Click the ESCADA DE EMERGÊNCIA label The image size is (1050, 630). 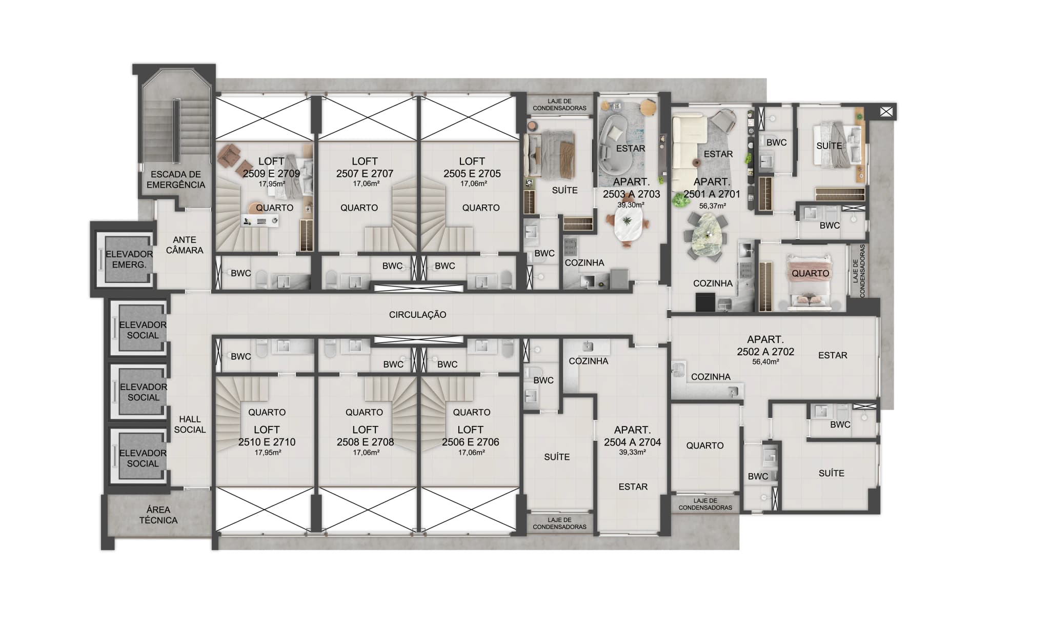click(x=175, y=179)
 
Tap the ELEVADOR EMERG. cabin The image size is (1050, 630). click(x=128, y=259)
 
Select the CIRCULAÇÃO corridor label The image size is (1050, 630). click(x=417, y=315)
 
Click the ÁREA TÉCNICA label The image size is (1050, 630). click(x=158, y=515)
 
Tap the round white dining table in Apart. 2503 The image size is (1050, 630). click(x=627, y=227)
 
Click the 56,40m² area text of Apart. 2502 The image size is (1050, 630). click(x=765, y=362)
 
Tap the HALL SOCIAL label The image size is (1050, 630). click(x=190, y=424)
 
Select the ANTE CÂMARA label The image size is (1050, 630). click(x=184, y=245)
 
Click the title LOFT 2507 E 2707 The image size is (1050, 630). click(x=365, y=168)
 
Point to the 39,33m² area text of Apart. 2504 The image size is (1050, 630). click(x=632, y=452)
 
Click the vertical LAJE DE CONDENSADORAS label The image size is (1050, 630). click(x=859, y=271)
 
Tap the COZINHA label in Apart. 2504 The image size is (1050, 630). click(x=588, y=361)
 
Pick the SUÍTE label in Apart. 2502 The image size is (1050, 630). click(x=831, y=473)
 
